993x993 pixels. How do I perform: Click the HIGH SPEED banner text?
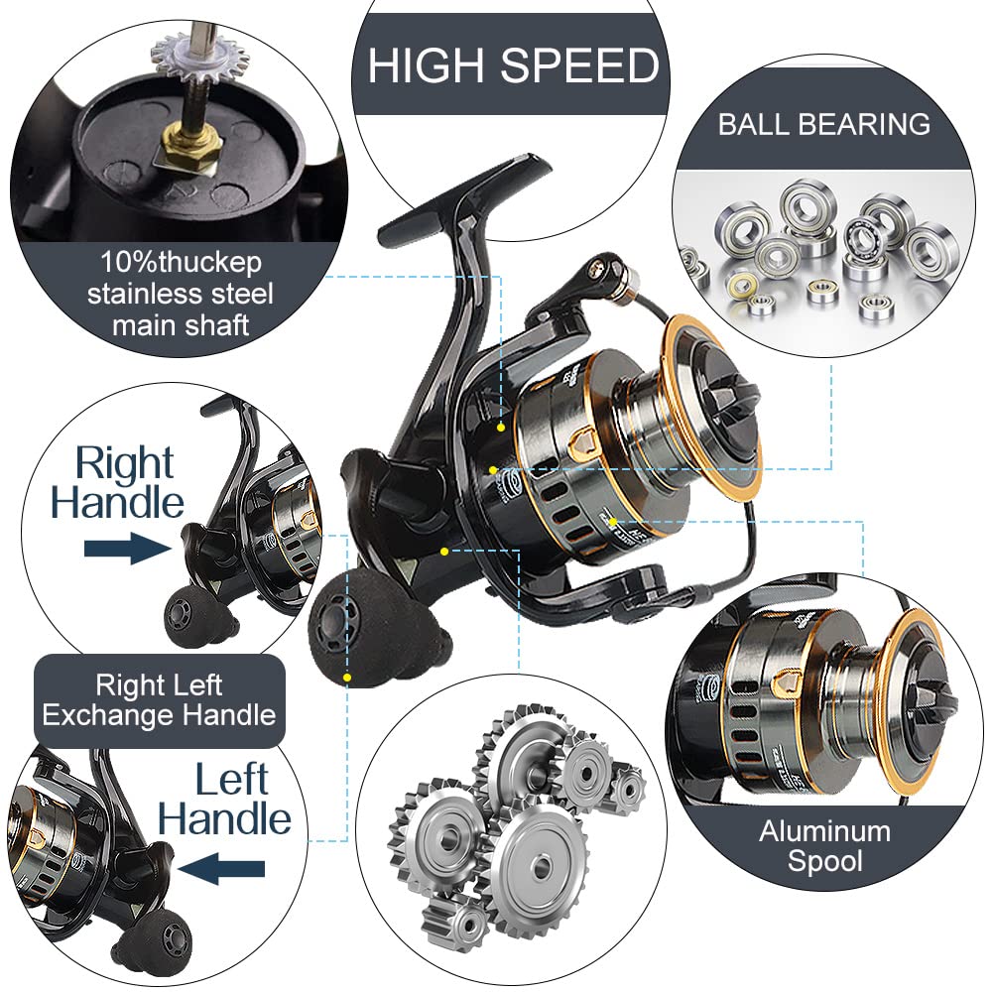(x=513, y=65)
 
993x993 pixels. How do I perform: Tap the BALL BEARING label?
(x=824, y=124)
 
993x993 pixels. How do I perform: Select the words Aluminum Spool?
(x=824, y=845)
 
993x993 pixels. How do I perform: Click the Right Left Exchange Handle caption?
(x=159, y=699)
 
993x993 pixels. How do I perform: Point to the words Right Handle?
(x=119, y=482)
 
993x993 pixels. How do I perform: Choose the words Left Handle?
(x=225, y=800)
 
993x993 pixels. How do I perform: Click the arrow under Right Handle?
(x=126, y=549)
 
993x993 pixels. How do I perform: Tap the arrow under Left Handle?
(x=224, y=870)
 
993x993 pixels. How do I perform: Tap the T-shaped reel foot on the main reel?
(x=466, y=193)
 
